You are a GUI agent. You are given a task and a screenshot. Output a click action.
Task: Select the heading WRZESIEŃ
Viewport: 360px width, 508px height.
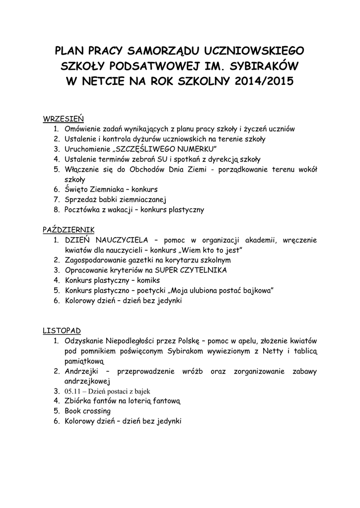pos(64,119)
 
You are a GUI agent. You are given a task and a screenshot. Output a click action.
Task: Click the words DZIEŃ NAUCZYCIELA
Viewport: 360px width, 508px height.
pos(105,240)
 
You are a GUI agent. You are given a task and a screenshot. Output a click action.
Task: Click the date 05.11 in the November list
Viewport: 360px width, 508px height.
pos(72,391)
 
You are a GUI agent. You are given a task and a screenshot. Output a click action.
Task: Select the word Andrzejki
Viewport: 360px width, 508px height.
pos(82,372)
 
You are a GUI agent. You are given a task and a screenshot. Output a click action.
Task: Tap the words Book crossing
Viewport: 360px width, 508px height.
pos(87,411)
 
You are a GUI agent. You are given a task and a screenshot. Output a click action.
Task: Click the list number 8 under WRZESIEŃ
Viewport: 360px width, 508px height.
pos(56,210)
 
